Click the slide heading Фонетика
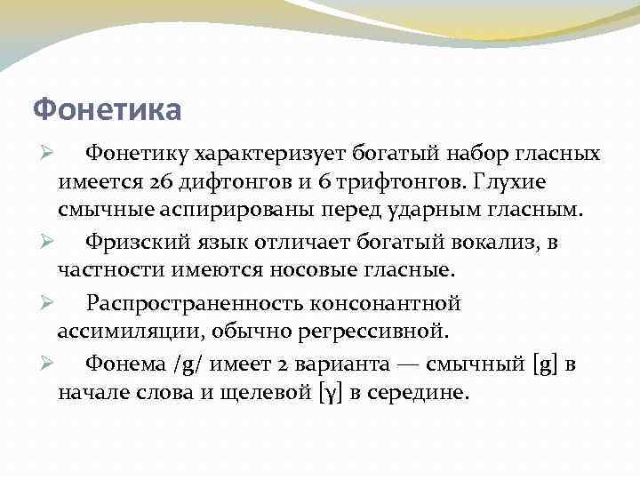tap(107, 109)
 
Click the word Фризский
tap(137, 242)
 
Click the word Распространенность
tap(194, 303)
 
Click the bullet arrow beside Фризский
tap(49, 241)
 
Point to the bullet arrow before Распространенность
tap(49, 302)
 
